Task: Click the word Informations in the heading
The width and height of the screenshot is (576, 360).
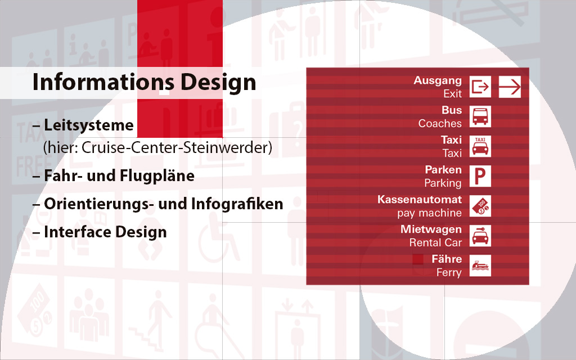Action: point(103,82)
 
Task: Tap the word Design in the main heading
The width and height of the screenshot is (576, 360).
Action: point(218,82)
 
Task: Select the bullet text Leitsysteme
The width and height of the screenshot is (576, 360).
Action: point(88,125)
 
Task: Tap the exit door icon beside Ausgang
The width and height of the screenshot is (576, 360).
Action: point(480,87)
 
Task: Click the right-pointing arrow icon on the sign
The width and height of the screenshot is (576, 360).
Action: point(510,87)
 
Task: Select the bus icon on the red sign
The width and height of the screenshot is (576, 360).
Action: point(480,116)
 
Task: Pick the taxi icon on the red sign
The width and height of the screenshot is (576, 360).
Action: point(480,146)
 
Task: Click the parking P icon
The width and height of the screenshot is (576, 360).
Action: point(480,176)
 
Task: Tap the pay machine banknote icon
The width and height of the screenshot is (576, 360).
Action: point(480,206)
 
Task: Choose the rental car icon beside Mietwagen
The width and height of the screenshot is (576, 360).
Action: point(480,236)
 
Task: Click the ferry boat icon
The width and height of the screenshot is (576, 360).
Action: point(480,265)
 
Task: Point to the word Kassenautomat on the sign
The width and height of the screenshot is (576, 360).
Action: point(420,200)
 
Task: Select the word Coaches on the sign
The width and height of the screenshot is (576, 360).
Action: point(440,123)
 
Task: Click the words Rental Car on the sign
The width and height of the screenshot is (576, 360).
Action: point(435,242)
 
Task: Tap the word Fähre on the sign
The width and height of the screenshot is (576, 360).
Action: point(447,259)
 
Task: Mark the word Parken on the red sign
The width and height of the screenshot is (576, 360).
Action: point(443,170)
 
